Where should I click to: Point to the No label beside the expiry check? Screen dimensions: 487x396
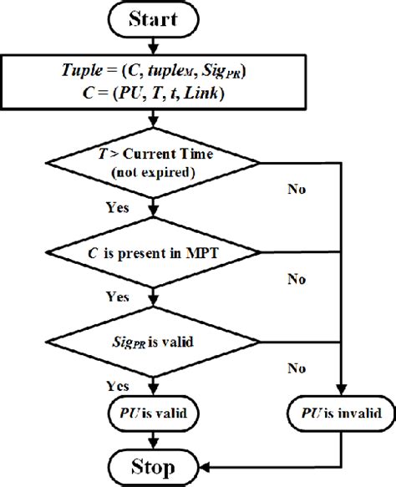[x=295, y=190]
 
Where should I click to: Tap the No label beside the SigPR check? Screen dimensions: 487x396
[x=295, y=368]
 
